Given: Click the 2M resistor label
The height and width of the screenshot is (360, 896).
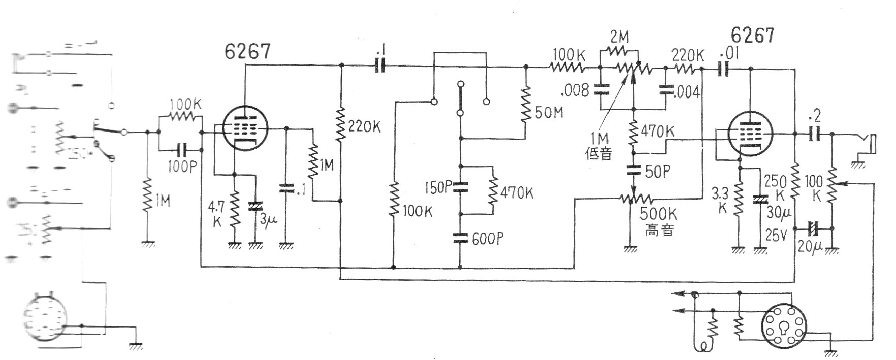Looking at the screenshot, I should pyautogui.click(x=619, y=37).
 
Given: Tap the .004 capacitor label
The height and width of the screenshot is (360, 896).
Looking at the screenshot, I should pyautogui.click(x=687, y=92).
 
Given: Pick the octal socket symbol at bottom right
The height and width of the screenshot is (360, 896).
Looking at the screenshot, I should pyautogui.click(x=784, y=326).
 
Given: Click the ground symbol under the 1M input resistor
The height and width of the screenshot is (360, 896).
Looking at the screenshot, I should pyautogui.click(x=148, y=243).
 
